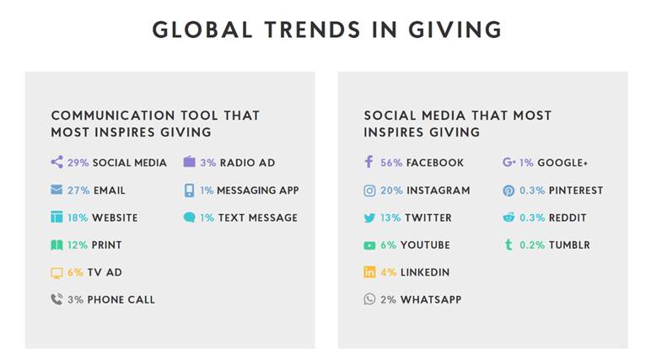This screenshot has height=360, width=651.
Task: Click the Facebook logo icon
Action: [369, 162]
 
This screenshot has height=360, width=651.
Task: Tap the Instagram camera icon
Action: [369, 191]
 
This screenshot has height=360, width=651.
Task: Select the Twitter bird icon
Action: [369, 218]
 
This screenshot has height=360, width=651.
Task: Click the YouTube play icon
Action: [369, 246]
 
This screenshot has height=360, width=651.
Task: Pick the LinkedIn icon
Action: [369, 272]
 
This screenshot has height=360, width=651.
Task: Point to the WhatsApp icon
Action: [369, 299]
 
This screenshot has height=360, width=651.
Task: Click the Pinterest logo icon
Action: [508, 191]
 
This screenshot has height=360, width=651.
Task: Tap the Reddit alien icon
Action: [508, 218]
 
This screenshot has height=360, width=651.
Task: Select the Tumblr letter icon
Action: [508, 244]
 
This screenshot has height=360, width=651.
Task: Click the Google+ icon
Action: [509, 162]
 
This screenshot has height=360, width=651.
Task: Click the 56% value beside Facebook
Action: [391, 163]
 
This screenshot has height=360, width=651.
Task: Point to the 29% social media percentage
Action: [78, 163]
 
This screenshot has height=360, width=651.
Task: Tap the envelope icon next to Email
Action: [56, 190]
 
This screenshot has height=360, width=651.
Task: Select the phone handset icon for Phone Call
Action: [56, 299]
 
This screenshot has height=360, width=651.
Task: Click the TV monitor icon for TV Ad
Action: [56, 273]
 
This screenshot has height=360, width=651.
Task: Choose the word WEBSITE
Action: [115, 218]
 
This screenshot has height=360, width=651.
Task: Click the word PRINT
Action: [107, 245]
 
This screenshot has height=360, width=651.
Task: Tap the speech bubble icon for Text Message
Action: [190, 218]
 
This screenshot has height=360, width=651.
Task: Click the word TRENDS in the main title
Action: [313, 30]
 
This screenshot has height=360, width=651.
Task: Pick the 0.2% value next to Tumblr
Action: [532, 245]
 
